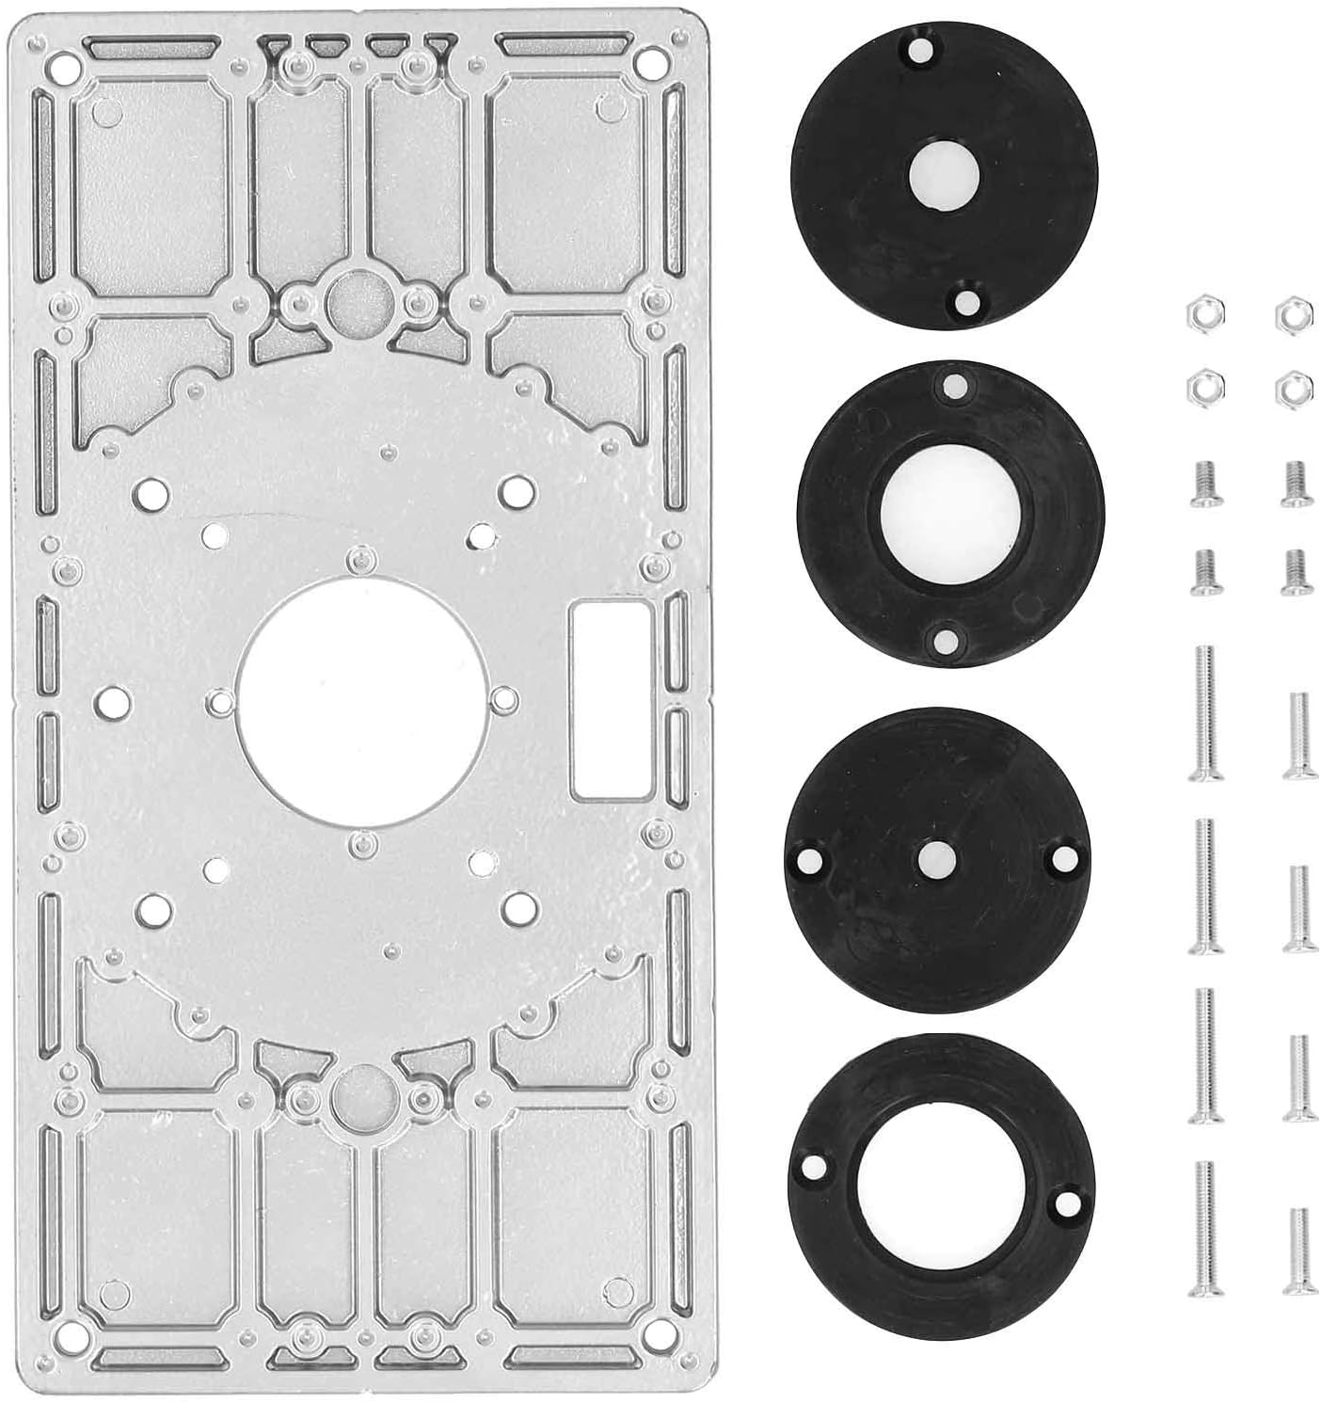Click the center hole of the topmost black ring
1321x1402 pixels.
tap(945, 176)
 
